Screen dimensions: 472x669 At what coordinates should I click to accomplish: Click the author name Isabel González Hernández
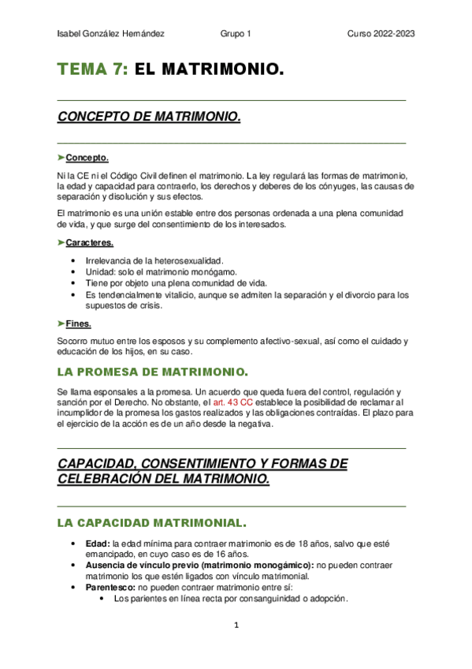pyautogui.click(x=111, y=34)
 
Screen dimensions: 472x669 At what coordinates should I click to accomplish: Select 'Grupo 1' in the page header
pyautogui.click(x=236, y=34)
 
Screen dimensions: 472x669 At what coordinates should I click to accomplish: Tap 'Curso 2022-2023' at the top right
pyautogui.click(x=381, y=34)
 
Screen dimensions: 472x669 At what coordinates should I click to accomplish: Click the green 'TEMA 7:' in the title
pyautogui.click(x=91, y=70)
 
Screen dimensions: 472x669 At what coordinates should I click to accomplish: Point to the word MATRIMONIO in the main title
pyautogui.click(x=221, y=70)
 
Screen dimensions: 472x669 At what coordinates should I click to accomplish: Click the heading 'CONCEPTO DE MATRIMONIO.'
pyautogui.click(x=149, y=118)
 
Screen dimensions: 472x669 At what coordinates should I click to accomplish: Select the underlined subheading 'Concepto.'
pyautogui.click(x=87, y=158)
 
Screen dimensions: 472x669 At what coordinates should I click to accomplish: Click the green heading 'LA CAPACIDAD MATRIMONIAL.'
pyautogui.click(x=152, y=522)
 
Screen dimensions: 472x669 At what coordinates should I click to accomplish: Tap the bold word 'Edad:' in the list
pyautogui.click(x=98, y=544)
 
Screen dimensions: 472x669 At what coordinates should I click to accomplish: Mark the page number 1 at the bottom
pyautogui.click(x=236, y=626)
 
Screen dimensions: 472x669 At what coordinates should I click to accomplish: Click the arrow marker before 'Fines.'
pyautogui.click(x=61, y=323)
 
